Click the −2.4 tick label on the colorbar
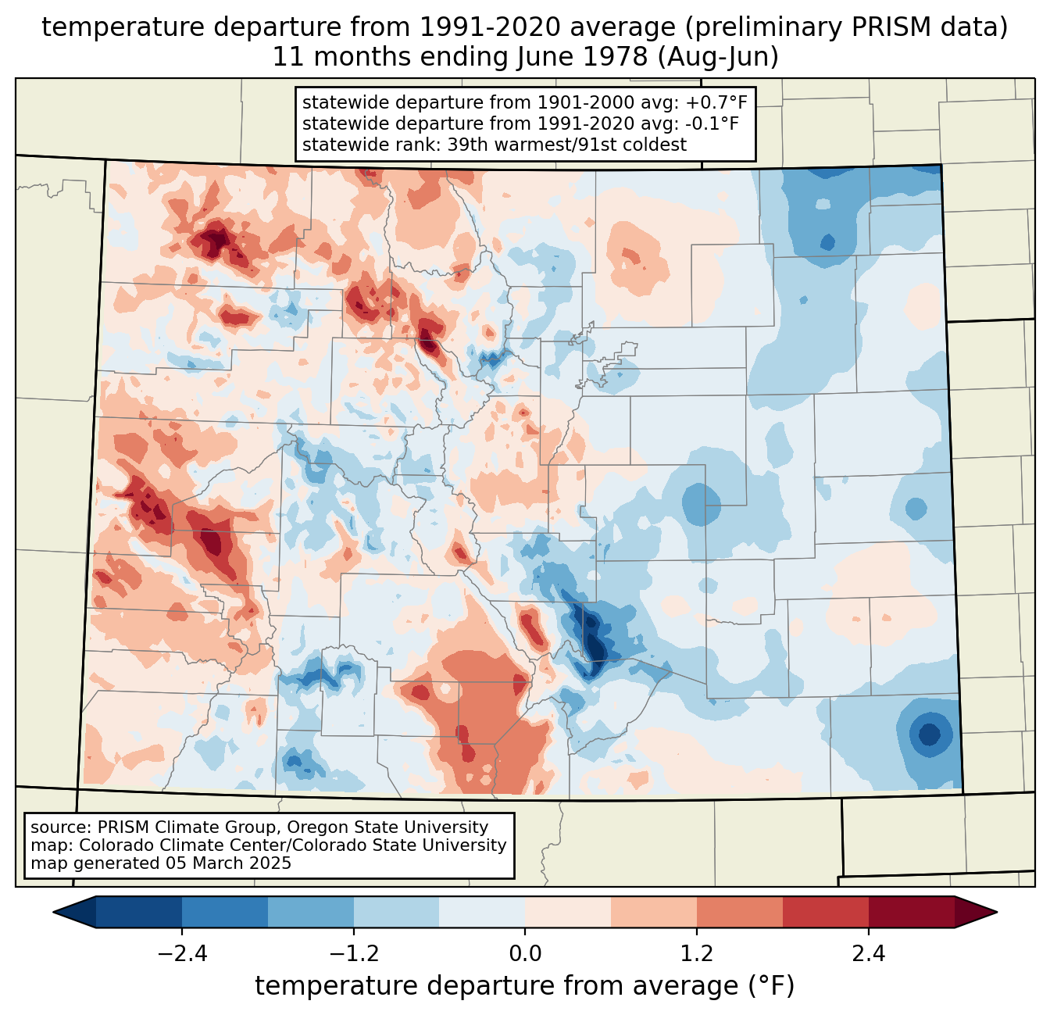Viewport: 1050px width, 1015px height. (x=182, y=954)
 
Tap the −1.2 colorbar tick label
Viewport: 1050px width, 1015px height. (x=354, y=954)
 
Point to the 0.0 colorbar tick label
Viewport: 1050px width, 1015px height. (x=525, y=954)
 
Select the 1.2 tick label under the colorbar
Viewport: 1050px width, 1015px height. (x=697, y=954)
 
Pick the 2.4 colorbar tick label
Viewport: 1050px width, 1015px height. (x=869, y=954)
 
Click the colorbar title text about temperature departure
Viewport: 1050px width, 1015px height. (x=525, y=986)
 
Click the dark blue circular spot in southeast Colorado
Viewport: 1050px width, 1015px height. (x=929, y=734)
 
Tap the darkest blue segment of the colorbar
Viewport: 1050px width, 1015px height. (x=139, y=912)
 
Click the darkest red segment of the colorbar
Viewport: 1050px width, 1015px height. (x=911, y=912)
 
